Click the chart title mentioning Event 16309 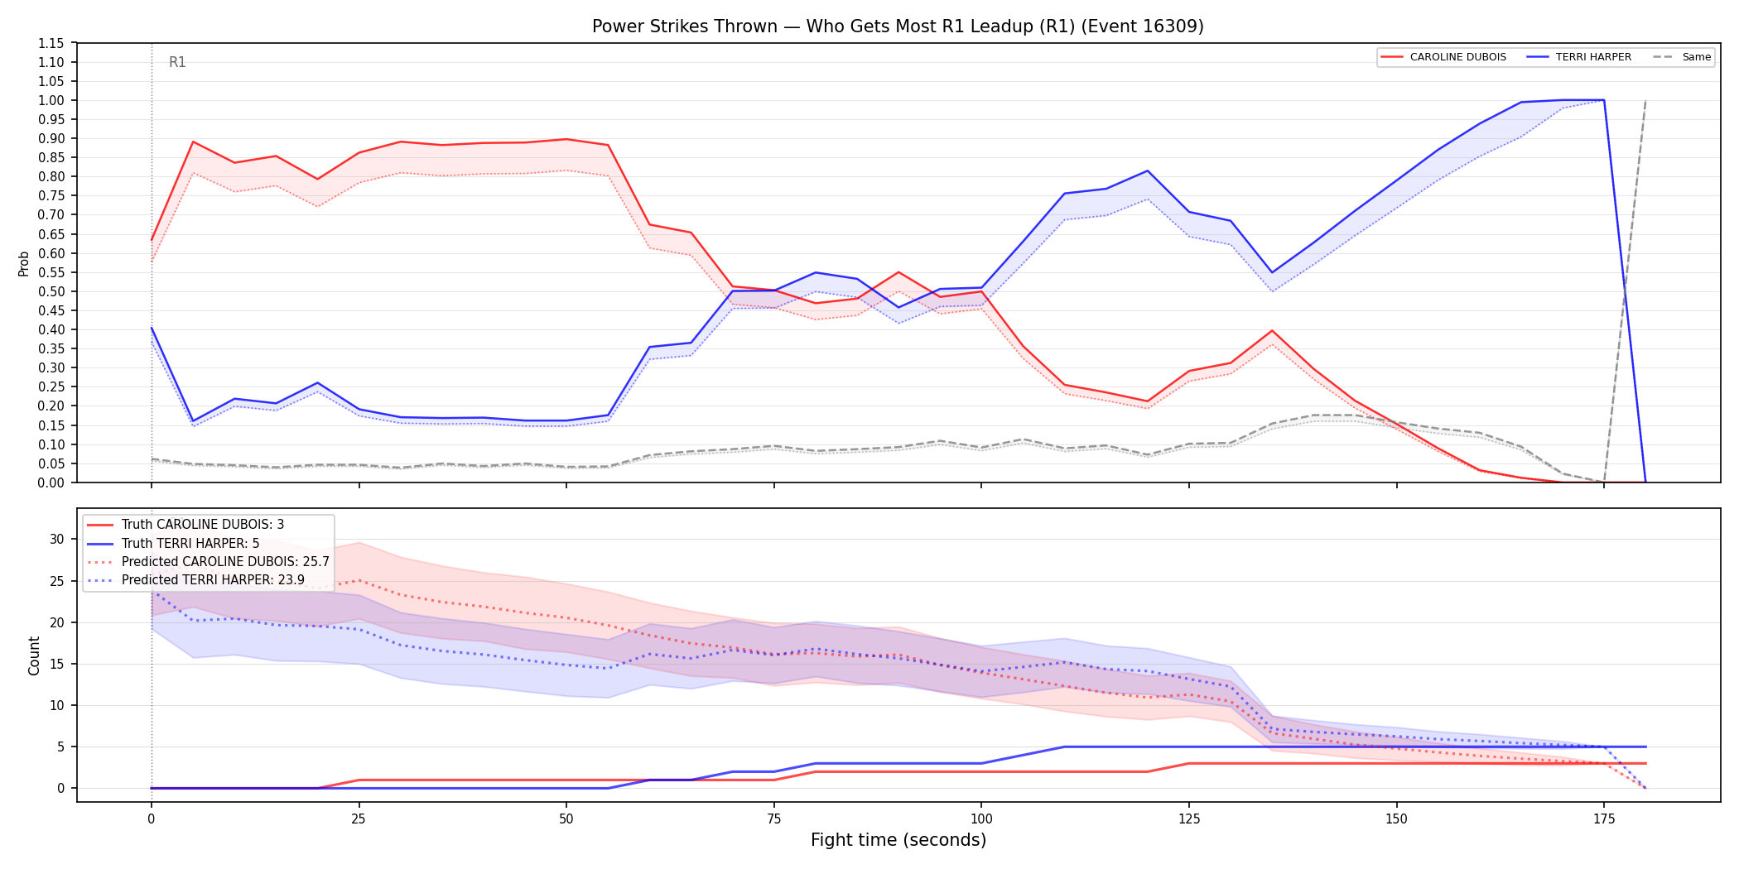click(898, 26)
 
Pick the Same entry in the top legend click(1682, 57)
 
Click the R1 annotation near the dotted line click(177, 62)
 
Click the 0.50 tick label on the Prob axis click(51, 291)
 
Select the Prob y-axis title click(23, 263)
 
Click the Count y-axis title click(34, 655)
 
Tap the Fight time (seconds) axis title click(898, 840)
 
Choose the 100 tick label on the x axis click(981, 819)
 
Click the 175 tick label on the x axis click(1604, 819)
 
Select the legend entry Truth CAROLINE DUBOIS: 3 click(186, 525)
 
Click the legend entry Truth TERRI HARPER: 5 click(174, 543)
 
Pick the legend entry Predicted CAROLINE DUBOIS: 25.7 click(209, 561)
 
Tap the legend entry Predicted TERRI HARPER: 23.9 click(196, 579)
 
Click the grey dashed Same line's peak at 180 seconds click(1645, 100)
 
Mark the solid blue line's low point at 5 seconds click(193, 421)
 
